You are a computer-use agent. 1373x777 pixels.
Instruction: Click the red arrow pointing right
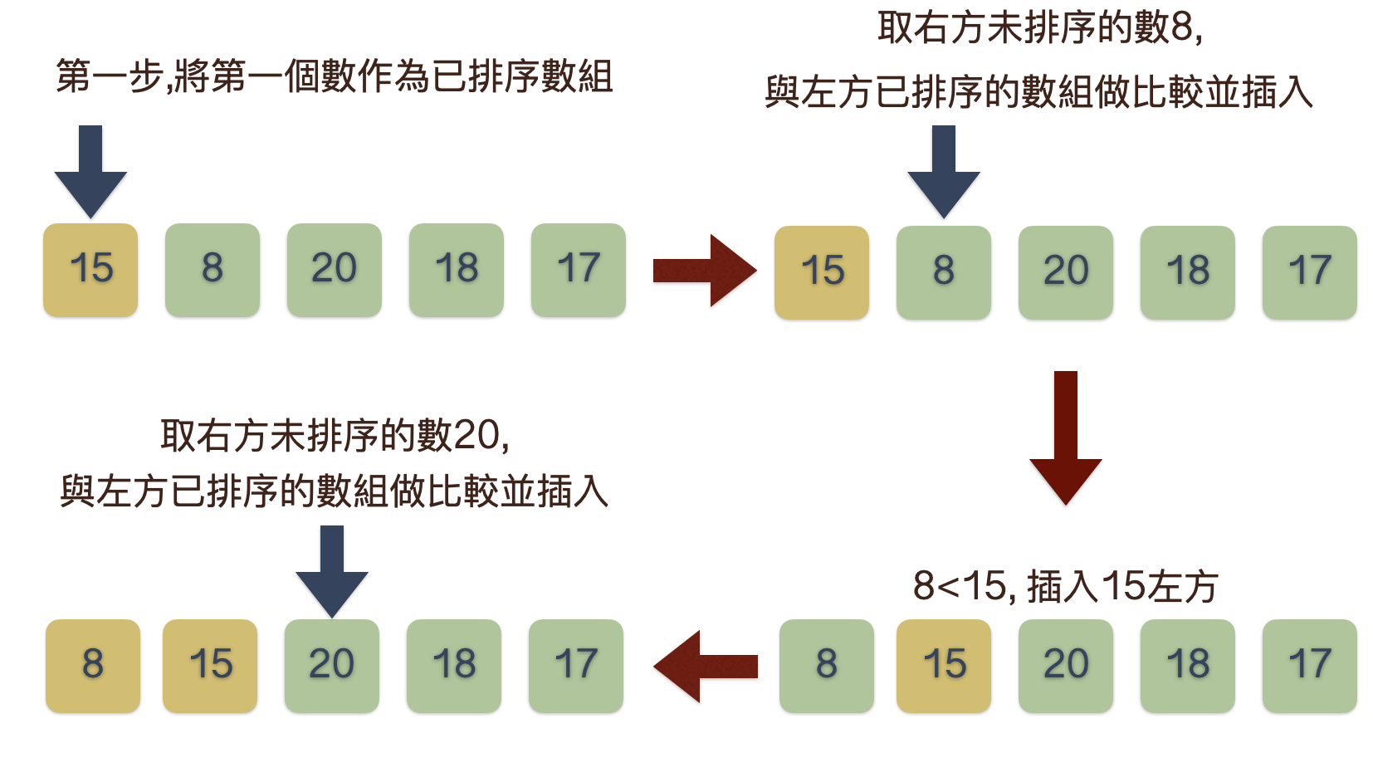tap(705, 271)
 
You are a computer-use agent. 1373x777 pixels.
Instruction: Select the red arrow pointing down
tap(1065, 437)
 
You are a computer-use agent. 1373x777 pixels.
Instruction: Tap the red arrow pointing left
tap(705, 666)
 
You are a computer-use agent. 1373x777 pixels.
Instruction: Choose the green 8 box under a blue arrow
tap(944, 272)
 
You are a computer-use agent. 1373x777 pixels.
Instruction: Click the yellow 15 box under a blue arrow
tap(90, 270)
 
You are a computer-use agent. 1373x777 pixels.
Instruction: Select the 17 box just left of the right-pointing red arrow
tap(579, 270)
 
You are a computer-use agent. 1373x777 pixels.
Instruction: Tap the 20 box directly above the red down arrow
tap(1066, 272)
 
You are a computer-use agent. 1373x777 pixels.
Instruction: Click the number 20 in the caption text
tap(476, 435)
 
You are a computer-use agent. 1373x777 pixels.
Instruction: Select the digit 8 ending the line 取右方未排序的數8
tap(1182, 28)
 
